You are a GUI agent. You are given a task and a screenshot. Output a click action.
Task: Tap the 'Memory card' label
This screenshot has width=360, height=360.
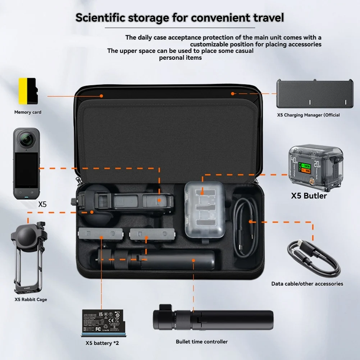click(x=28, y=112)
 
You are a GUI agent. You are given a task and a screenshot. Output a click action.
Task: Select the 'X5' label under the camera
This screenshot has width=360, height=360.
click(x=42, y=204)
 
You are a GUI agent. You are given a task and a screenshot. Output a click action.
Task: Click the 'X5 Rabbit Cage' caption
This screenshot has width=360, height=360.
click(x=31, y=300)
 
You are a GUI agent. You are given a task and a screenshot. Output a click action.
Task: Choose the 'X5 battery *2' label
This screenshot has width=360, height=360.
click(x=102, y=343)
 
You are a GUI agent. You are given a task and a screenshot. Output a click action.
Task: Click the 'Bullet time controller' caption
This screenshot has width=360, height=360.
click(x=202, y=342)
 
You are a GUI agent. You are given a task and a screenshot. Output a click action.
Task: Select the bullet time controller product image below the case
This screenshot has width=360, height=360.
click(x=212, y=318)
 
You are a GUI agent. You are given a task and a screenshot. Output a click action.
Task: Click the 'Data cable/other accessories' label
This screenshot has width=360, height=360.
click(x=307, y=284)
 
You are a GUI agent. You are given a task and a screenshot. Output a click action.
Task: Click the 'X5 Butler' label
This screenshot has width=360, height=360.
click(x=309, y=196)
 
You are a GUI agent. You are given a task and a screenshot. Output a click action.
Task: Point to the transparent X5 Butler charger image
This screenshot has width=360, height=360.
click(x=316, y=166)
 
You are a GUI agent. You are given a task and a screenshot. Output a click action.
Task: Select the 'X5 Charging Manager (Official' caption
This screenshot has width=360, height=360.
click(x=308, y=115)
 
